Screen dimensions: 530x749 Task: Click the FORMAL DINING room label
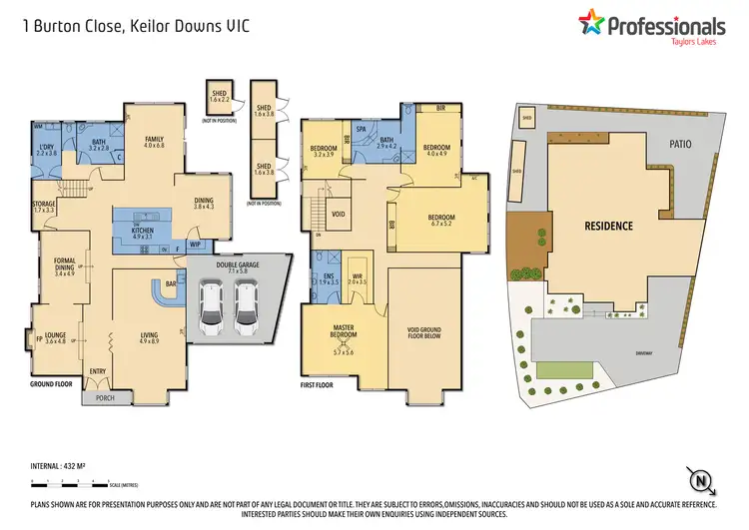pos(65,265)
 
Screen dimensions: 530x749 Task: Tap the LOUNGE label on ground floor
pos(55,336)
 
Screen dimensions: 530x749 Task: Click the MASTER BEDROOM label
pos(344,333)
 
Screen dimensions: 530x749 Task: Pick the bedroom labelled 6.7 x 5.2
pos(440,220)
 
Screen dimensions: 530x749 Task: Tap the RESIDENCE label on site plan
pos(608,226)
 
